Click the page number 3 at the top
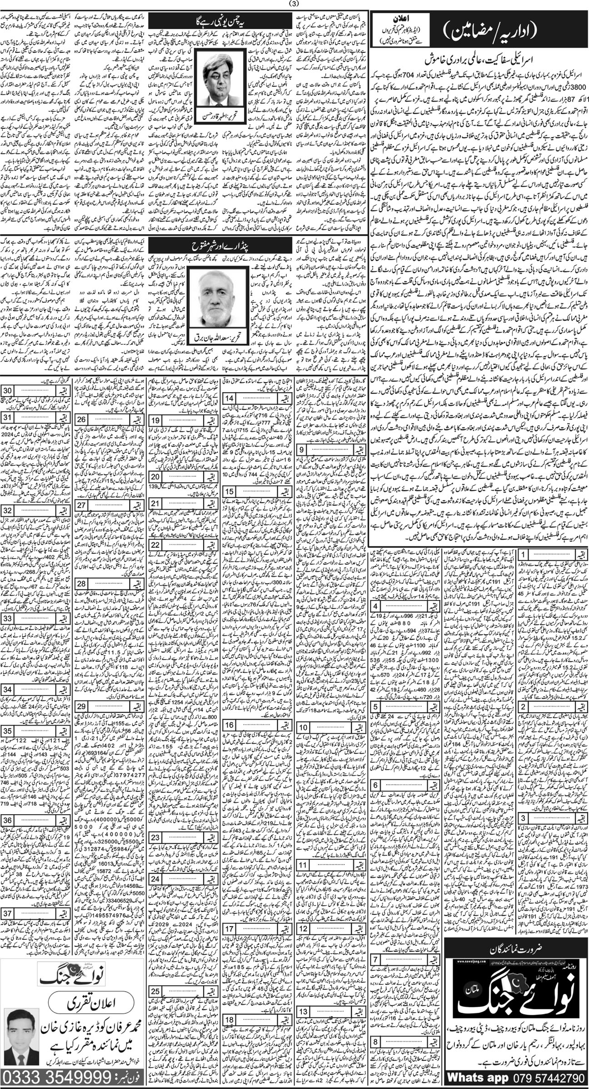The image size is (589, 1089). (x=294, y=5)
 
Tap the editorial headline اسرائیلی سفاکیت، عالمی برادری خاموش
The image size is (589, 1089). (x=477, y=60)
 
